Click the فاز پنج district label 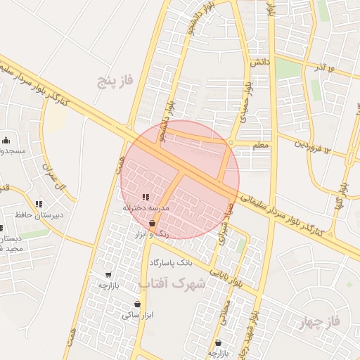tap(115, 82)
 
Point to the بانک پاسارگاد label tap(170, 262)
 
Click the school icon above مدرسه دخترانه tap(146, 198)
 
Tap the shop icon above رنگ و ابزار tap(152, 223)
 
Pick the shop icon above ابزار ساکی tap(137, 304)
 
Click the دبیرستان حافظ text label tap(40, 214)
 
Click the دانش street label tap(261, 63)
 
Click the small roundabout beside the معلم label tap(231, 143)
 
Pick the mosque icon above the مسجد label tap(6, 139)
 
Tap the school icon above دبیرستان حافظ tap(39, 204)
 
